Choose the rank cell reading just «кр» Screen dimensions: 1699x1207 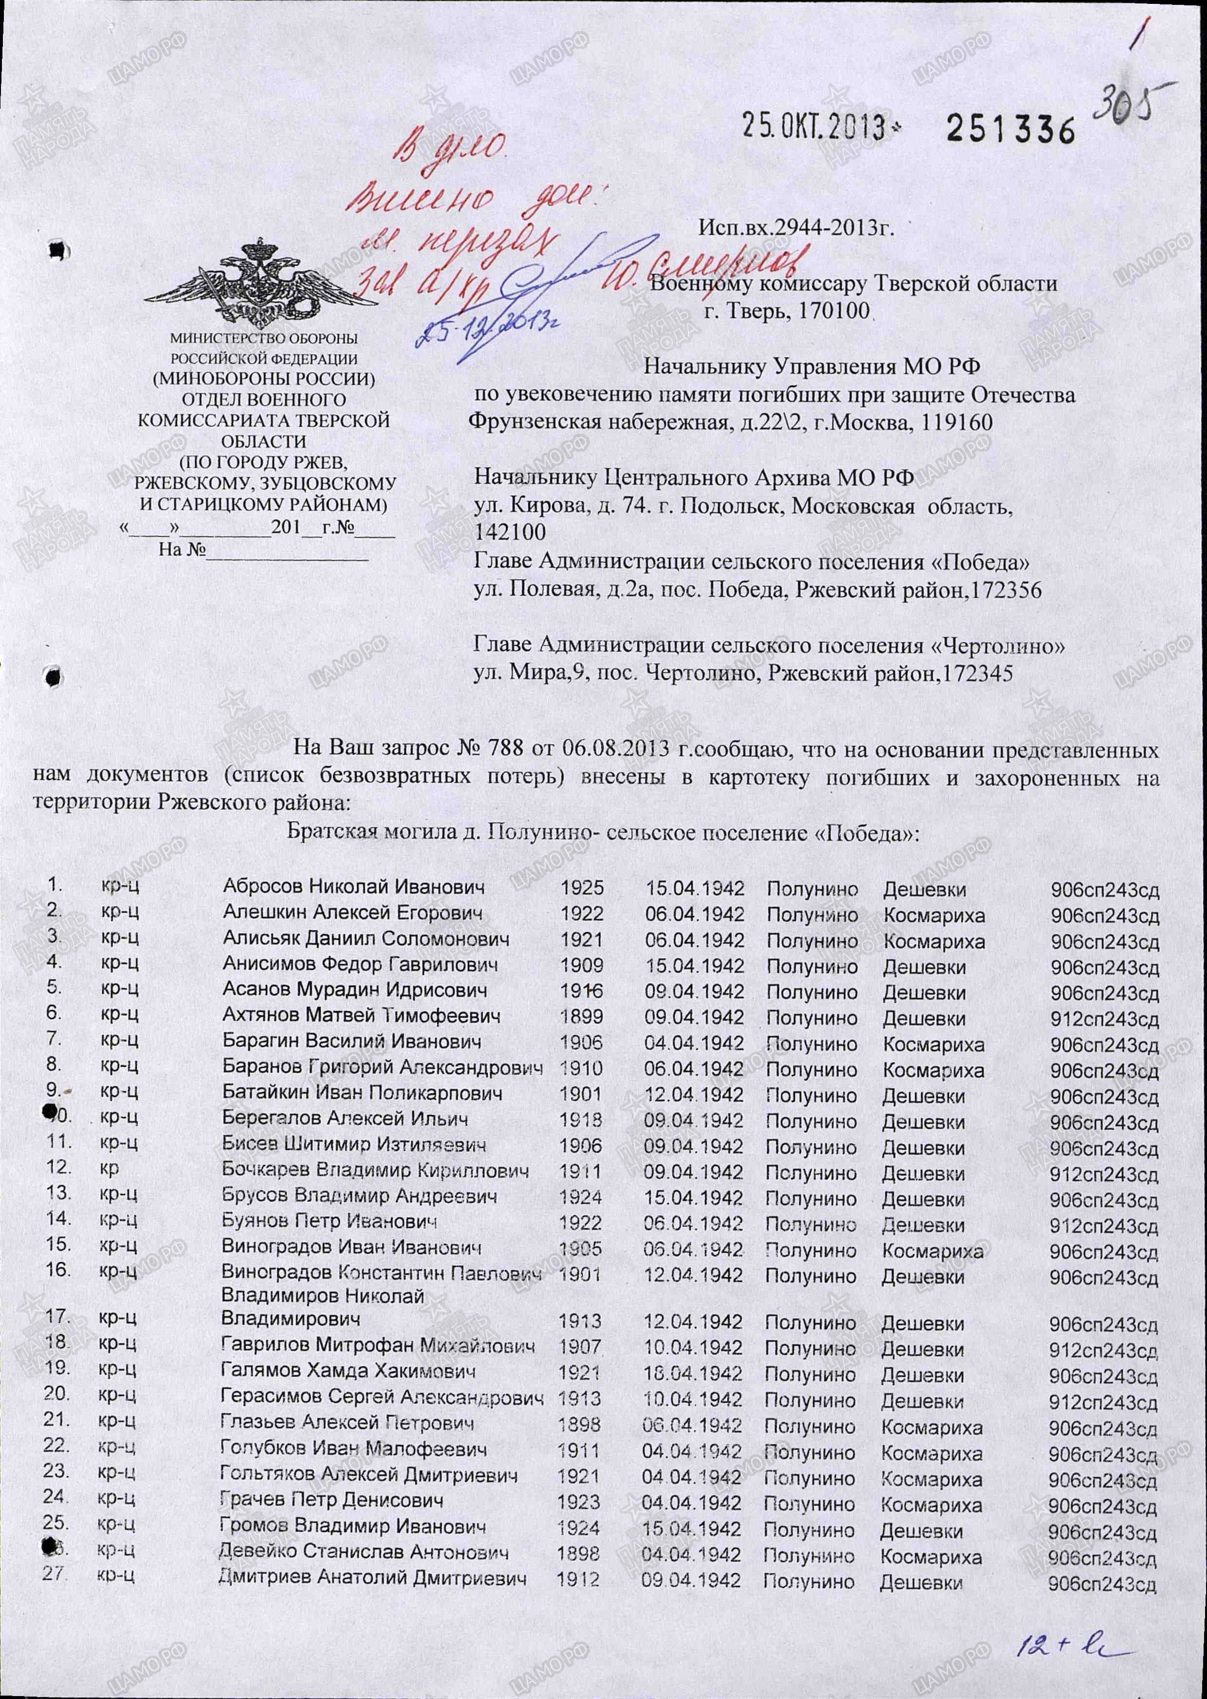coord(110,1167)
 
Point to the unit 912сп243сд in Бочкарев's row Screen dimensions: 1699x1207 coord(1104,1174)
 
